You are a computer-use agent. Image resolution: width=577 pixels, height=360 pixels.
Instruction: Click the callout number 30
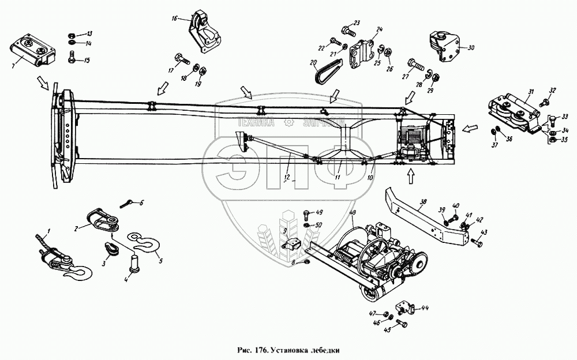point(471,48)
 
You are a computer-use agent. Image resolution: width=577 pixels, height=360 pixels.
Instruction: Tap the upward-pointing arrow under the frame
point(410,175)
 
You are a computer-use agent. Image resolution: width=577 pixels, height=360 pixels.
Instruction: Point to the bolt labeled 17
point(177,58)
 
